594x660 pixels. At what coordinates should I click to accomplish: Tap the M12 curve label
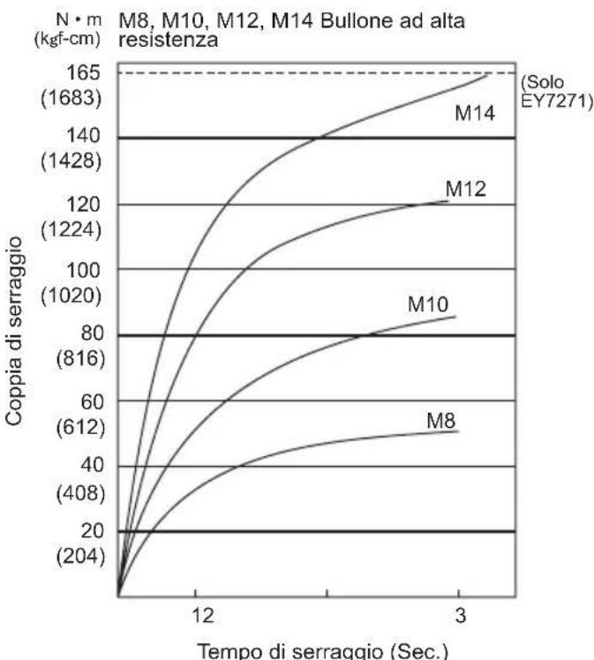click(x=467, y=189)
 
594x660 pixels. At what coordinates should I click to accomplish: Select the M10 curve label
click(x=429, y=304)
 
